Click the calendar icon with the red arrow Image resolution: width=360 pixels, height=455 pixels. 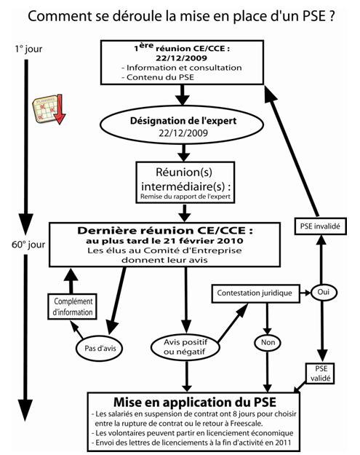tap(49, 109)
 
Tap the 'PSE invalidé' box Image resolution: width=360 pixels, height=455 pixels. tap(320, 226)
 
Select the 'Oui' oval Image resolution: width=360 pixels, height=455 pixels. tap(324, 292)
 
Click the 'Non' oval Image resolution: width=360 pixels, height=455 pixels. tap(268, 343)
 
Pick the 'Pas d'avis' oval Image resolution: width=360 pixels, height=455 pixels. tap(100, 348)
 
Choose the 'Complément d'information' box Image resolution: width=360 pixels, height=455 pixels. tap(72, 306)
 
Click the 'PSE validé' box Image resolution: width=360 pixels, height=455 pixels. tap(320, 373)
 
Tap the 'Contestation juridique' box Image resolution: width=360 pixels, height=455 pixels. tap(256, 293)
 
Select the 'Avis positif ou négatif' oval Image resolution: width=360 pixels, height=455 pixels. tap(185, 347)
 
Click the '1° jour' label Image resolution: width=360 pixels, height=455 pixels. tap(28, 49)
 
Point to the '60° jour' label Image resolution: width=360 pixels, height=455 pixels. tap(28, 245)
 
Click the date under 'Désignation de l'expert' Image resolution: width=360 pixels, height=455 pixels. tap(183, 133)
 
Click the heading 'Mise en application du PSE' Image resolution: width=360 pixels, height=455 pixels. tap(195, 402)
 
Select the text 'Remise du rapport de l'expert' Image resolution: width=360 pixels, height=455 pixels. tap(185, 197)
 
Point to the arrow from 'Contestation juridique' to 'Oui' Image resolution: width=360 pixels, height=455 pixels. tap(305, 293)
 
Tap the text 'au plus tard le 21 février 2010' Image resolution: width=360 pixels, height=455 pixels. tap(164, 241)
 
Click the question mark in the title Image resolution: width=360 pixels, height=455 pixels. tap(332, 16)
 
